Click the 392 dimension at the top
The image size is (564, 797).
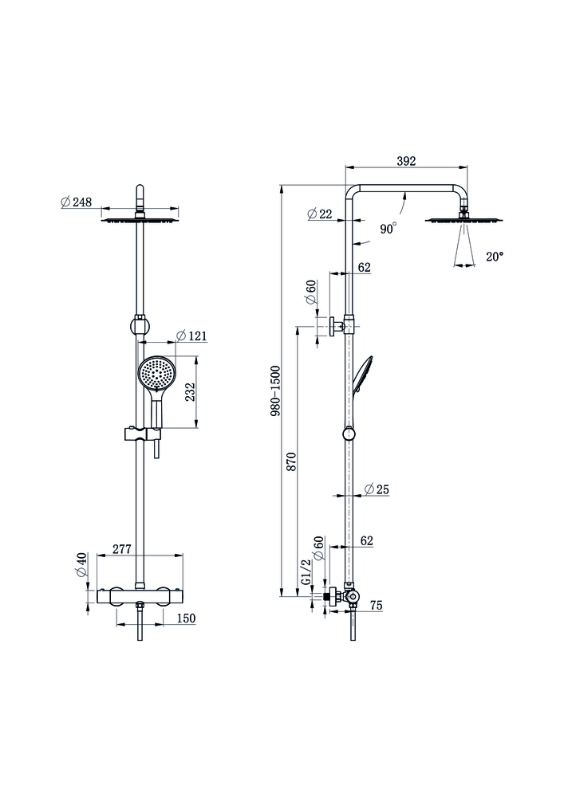(x=406, y=160)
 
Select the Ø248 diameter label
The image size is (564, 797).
(x=76, y=202)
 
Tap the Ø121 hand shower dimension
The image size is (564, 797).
(x=191, y=336)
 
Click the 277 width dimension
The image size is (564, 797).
(x=122, y=549)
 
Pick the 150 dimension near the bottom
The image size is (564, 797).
(x=185, y=618)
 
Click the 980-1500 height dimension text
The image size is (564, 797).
(x=275, y=392)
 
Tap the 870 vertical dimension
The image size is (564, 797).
(x=292, y=462)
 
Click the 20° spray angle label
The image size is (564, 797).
(x=495, y=257)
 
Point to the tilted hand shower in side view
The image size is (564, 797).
(x=361, y=375)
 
